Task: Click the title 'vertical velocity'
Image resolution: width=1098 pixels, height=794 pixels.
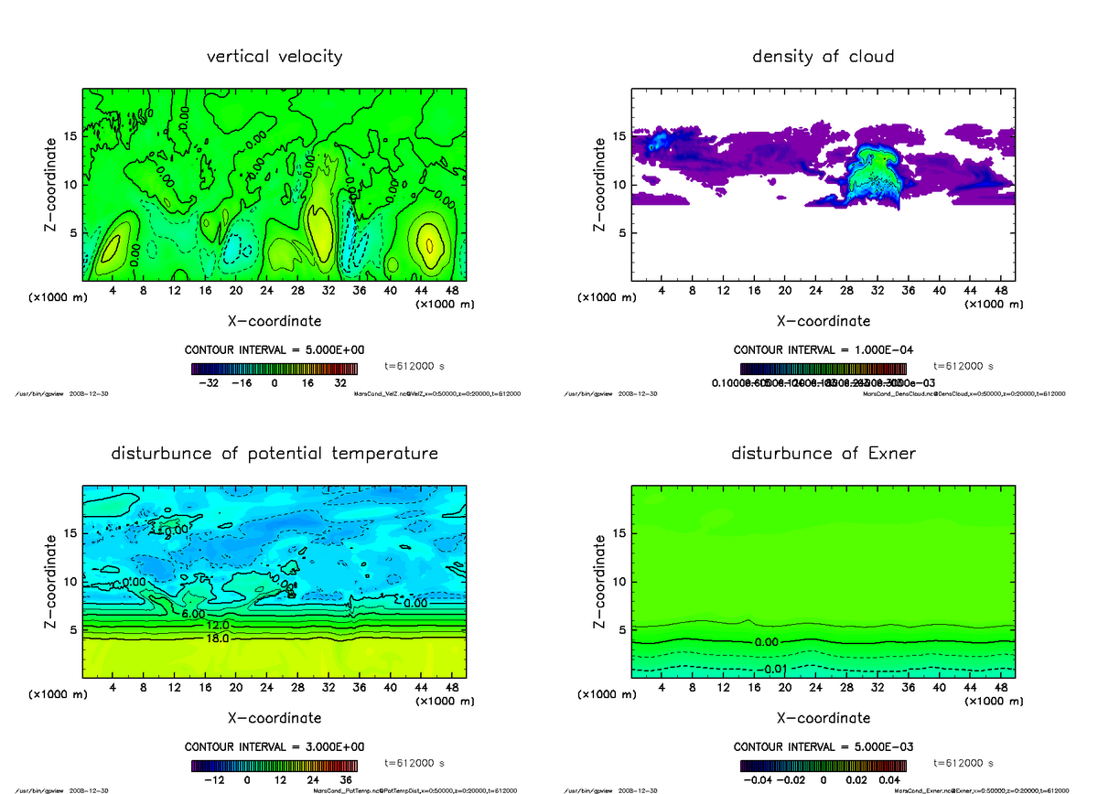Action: [274, 57]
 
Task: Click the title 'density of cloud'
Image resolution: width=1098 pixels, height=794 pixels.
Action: [823, 57]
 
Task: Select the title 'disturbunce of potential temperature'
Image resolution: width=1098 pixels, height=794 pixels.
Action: [274, 454]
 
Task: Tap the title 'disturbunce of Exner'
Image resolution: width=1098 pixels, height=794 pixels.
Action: [823, 454]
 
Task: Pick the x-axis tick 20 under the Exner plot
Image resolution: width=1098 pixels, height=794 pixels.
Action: [784, 688]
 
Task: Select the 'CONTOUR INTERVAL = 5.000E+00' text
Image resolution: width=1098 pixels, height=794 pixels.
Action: [274, 350]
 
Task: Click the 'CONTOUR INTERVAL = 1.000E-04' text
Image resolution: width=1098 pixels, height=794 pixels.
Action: [823, 350]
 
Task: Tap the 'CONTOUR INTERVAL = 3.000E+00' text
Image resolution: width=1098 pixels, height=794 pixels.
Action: [274, 746]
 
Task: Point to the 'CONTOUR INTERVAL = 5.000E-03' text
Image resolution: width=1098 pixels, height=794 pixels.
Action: [823, 746]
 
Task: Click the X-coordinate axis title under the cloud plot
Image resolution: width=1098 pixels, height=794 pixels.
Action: [823, 321]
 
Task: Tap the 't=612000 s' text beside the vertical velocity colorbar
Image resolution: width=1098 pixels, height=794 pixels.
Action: [414, 366]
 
